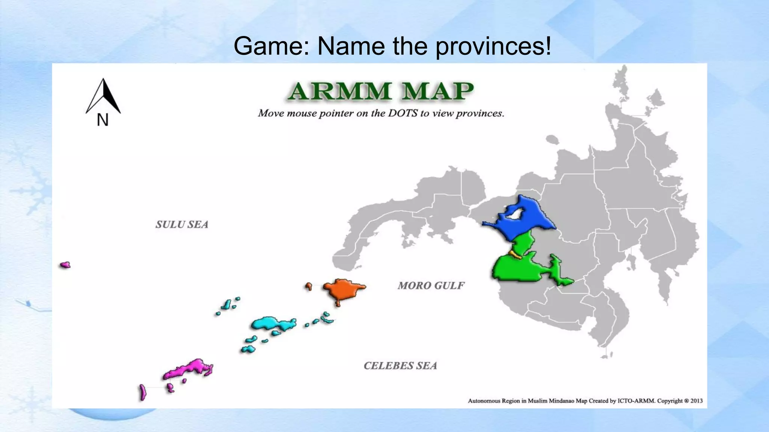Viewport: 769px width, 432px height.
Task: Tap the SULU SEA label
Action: (182, 224)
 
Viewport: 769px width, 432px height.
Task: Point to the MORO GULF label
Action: (431, 286)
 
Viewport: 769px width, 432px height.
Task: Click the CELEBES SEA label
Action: (400, 366)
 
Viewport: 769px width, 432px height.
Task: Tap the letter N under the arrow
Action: (103, 120)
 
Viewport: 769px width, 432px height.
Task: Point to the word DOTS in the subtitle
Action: (403, 113)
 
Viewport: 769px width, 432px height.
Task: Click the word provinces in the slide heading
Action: (493, 46)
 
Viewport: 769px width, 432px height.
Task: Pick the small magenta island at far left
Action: (65, 265)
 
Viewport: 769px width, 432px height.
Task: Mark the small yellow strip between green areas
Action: (515, 255)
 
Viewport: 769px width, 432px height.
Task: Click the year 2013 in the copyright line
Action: (696, 401)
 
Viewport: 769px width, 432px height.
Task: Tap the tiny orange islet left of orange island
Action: (309, 286)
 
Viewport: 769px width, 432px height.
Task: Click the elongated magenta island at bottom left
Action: (143, 392)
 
